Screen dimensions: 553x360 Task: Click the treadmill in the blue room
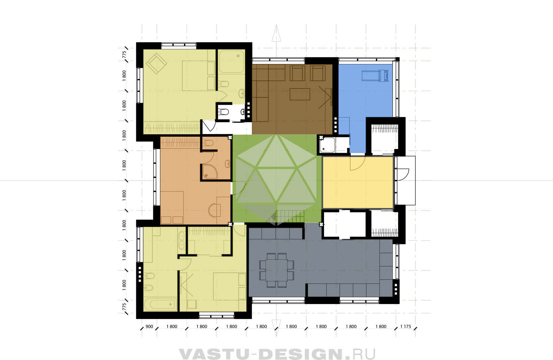375,76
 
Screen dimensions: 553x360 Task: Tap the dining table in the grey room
276,270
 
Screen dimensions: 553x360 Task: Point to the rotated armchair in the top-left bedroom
156,63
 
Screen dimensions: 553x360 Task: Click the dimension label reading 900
149,327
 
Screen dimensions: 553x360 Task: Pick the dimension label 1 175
406,327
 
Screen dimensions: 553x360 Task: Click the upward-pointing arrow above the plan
276,33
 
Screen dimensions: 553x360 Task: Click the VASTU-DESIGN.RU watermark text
277,354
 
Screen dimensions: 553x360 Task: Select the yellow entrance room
358,182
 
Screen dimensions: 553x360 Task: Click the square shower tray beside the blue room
327,145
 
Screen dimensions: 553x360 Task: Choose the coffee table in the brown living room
300,94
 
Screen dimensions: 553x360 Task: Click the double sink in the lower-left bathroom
182,240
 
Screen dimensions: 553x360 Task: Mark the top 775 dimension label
124,55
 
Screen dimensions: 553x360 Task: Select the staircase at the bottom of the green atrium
290,216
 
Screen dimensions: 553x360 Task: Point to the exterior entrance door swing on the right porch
402,174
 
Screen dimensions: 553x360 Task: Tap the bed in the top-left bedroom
199,76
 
